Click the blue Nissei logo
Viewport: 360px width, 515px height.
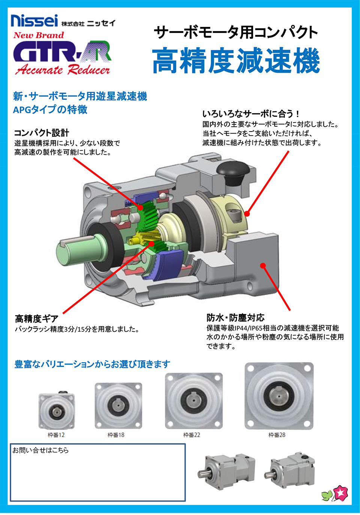(x=34, y=21)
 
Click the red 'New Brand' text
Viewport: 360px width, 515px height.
(x=39, y=35)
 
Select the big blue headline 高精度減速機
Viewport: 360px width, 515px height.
(x=236, y=61)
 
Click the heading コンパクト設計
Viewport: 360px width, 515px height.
(x=42, y=133)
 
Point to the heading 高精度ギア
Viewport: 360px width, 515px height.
(x=37, y=319)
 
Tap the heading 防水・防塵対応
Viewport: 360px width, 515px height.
(x=235, y=317)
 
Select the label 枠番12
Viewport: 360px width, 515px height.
(x=56, y=435)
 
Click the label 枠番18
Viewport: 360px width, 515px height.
(x=116, y=435)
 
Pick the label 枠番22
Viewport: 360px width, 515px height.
(x=192, y=435)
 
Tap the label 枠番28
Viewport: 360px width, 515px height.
(x=277, y=435)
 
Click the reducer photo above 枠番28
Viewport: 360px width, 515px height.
(x=279, y=396)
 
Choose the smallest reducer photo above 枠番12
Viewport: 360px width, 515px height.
(x=56, y=410)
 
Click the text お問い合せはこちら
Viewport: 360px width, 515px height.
(x=40, y=450)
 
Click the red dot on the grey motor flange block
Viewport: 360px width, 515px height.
(x=263, y=266)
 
